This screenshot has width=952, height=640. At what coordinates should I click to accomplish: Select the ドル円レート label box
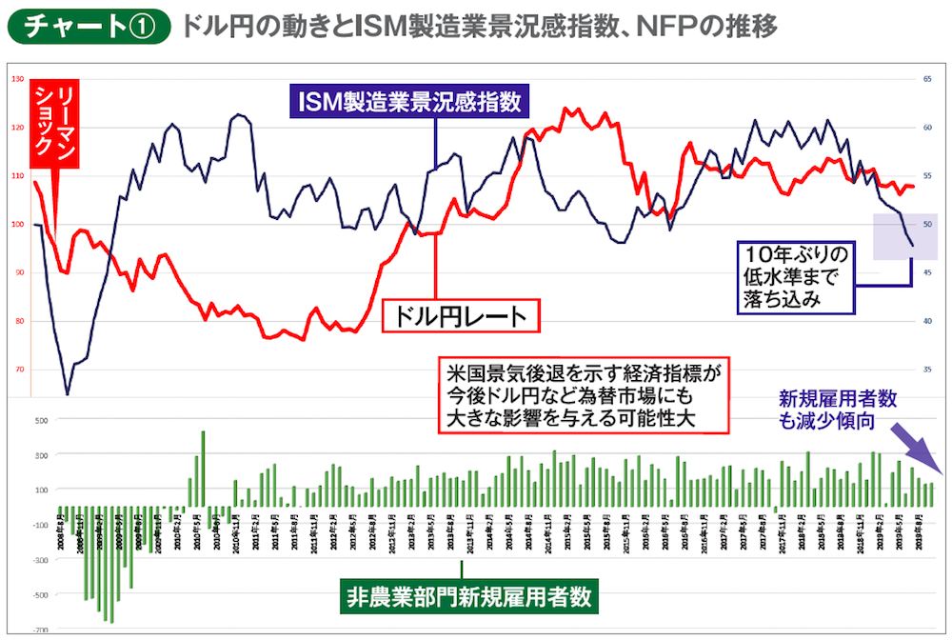pos(458,316)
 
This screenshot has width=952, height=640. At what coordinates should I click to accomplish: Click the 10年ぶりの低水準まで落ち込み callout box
pos(796,276)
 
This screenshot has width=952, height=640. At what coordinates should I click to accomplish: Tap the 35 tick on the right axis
pos(927,370)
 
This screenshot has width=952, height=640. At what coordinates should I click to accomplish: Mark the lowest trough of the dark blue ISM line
pos(67,392)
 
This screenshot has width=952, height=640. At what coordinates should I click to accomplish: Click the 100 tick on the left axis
pos(17,224)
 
